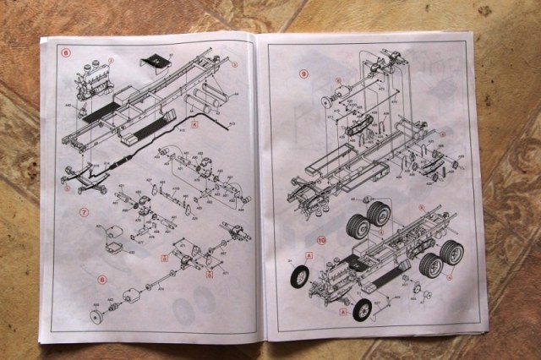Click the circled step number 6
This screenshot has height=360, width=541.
pos(64,52)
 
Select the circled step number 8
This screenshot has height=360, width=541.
pos(101,279)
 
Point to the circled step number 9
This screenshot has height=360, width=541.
pos(303,74)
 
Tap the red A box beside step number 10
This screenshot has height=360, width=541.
pos(309,254)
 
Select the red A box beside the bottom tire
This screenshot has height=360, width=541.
pos(342,311)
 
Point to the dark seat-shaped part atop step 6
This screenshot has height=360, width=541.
pos(154,59)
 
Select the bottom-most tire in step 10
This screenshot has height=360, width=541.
pos(361,309)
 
